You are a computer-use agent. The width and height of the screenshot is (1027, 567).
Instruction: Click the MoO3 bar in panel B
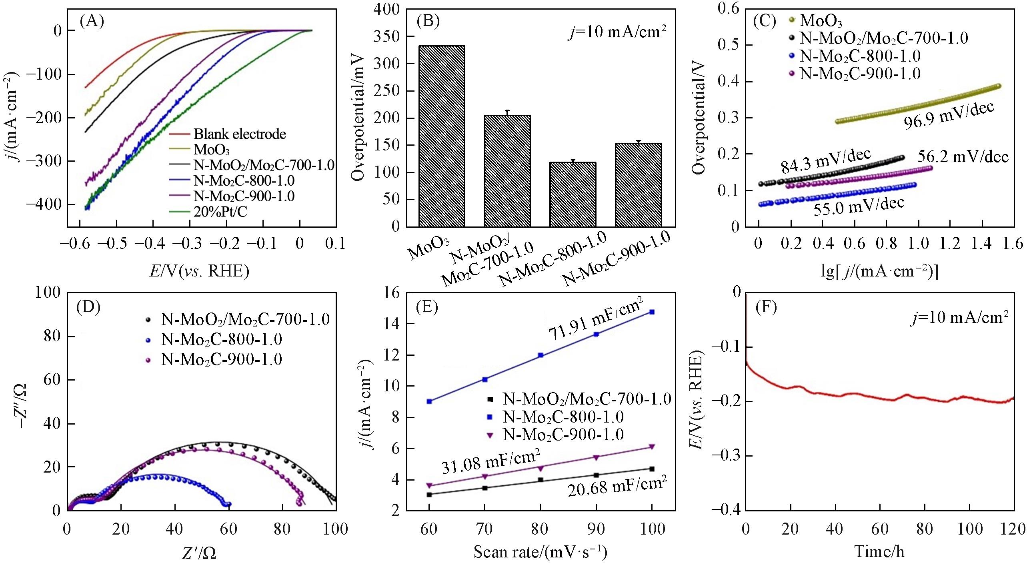(x=441, y=136)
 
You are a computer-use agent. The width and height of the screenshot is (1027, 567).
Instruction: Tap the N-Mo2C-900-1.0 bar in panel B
(x=638, y=184)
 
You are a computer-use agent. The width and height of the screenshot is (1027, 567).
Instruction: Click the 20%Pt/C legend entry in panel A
(x=220, y=212)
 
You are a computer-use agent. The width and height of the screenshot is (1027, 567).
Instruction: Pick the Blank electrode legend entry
(x=240, y=134)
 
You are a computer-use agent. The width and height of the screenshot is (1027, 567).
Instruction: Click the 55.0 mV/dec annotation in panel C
(x=859, y=206)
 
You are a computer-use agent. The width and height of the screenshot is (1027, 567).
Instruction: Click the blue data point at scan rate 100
(x=652, y=312)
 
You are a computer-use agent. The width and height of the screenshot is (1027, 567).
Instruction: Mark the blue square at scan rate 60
(x=429, y=401)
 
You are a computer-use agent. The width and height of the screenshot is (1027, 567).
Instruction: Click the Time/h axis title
(x=879, y=551)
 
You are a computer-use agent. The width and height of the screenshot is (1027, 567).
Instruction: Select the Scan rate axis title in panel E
(x=540, y=552)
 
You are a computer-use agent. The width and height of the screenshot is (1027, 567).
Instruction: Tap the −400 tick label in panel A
(x=44, y=204)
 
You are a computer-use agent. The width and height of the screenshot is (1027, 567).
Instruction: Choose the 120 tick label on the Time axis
(x=1014, y=529)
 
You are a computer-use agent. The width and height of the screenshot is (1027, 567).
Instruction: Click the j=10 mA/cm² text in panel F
(x=960, y=318)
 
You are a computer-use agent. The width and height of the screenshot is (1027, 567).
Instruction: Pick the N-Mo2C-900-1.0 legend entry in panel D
(x=221, y=359)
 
